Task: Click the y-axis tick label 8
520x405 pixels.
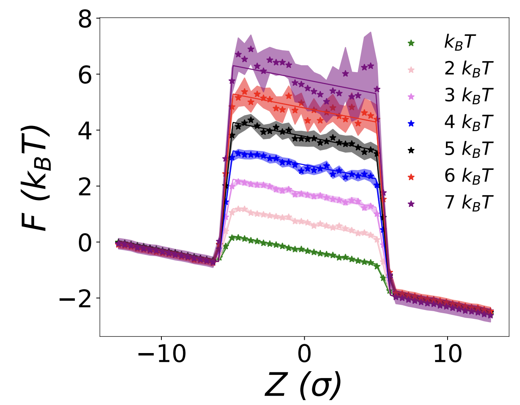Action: coord(85,19)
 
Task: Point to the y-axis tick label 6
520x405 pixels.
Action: coord(85,75)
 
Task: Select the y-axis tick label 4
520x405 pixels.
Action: coord(85,131)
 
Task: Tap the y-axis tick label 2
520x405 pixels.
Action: coord(85,186)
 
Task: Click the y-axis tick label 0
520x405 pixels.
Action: coord(85,242)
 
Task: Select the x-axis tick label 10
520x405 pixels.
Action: coord(447,355)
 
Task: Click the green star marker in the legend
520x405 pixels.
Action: coord(411,43)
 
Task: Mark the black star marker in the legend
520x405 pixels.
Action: coord(411,150)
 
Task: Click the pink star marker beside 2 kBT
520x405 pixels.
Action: coord(411,70)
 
